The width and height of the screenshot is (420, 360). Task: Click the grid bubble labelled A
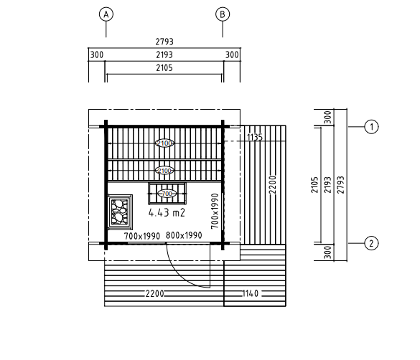coord(106,14)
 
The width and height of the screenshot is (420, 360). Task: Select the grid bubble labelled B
coord(223,14)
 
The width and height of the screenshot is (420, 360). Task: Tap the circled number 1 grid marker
coord(371,126)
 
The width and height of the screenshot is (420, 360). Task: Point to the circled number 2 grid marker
coord(371,243)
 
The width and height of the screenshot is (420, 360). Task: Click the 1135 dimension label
coord(255,137)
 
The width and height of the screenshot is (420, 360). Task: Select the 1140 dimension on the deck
coord(250,293)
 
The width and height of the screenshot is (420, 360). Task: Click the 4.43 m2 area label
coord(167,213)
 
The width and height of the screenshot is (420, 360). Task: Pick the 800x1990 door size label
coord(184,235)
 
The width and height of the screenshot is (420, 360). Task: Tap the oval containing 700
coord(167,194)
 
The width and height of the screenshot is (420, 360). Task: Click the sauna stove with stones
coord(120,212)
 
